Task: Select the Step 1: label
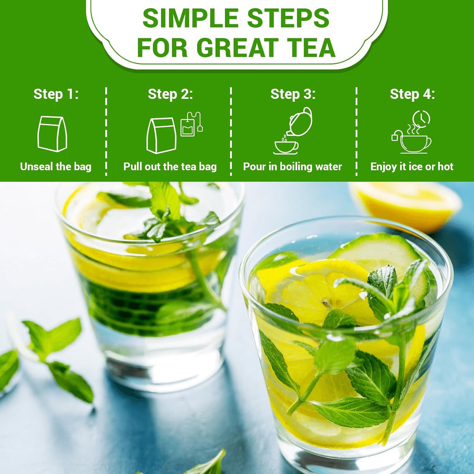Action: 56,94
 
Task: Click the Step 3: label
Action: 293,94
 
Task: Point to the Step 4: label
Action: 412,94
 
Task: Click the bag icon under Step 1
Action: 52,134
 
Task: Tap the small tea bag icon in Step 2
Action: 188,126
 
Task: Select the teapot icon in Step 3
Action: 300,122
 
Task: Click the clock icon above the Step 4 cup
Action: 421,118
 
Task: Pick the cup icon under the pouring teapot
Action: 286,147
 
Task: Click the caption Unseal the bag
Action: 56,167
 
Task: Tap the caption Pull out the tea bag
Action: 170,167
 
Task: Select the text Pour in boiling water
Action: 293,167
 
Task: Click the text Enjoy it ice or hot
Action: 412,167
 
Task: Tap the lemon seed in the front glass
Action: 327,303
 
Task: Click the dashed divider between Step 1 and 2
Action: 106,132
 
